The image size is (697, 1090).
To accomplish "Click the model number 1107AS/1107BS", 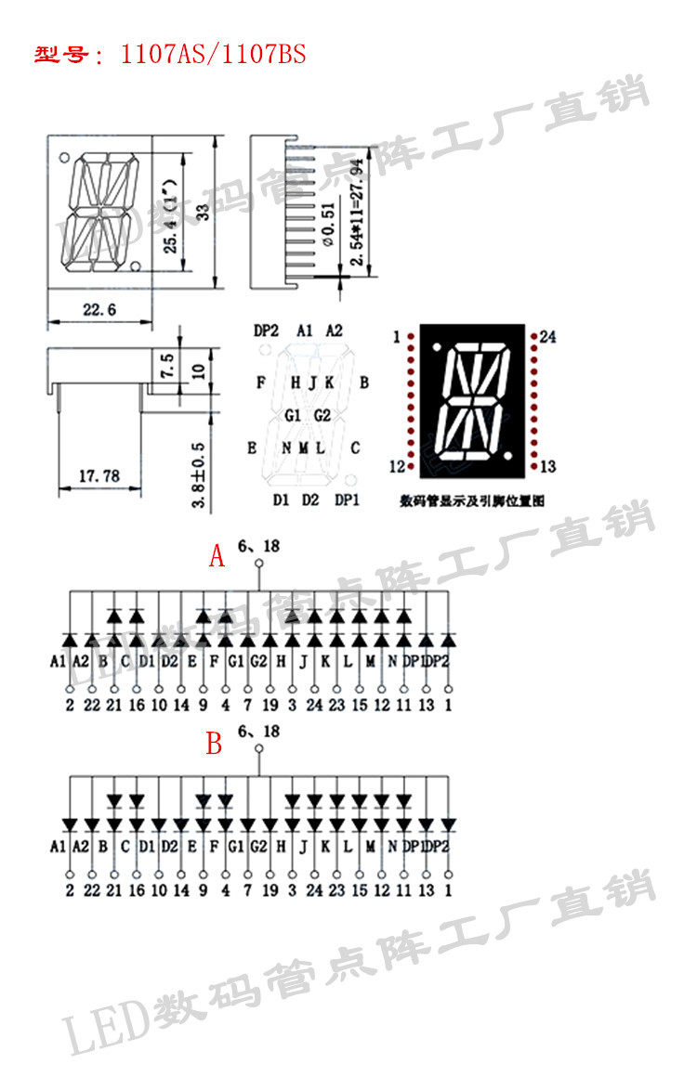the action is click(213, 55).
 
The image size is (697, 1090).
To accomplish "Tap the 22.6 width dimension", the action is click(99, 310).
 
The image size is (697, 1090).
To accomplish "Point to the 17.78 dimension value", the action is click(99, 476).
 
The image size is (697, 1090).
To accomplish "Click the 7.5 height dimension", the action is click(168, 365).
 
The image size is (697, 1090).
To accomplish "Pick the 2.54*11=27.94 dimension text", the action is click(358, 213).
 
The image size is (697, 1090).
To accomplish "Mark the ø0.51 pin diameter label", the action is click(326, 223).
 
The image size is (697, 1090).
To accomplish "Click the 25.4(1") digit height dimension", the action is click(172, 215).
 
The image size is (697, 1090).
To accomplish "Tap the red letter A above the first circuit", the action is click(217, 557).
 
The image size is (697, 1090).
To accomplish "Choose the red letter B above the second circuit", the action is click(215, 744).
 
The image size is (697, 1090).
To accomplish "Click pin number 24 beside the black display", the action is click(547, 338).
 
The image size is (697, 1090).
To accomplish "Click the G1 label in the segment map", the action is click(293, 415).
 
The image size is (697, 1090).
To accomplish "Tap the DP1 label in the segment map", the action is click(347, 500).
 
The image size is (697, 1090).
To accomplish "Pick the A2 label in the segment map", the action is click(334, 331).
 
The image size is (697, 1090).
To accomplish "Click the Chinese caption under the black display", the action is click(471, 500).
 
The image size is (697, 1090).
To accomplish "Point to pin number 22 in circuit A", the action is click(92, 705).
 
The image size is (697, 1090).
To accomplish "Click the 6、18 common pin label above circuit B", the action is click(258, 733).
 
